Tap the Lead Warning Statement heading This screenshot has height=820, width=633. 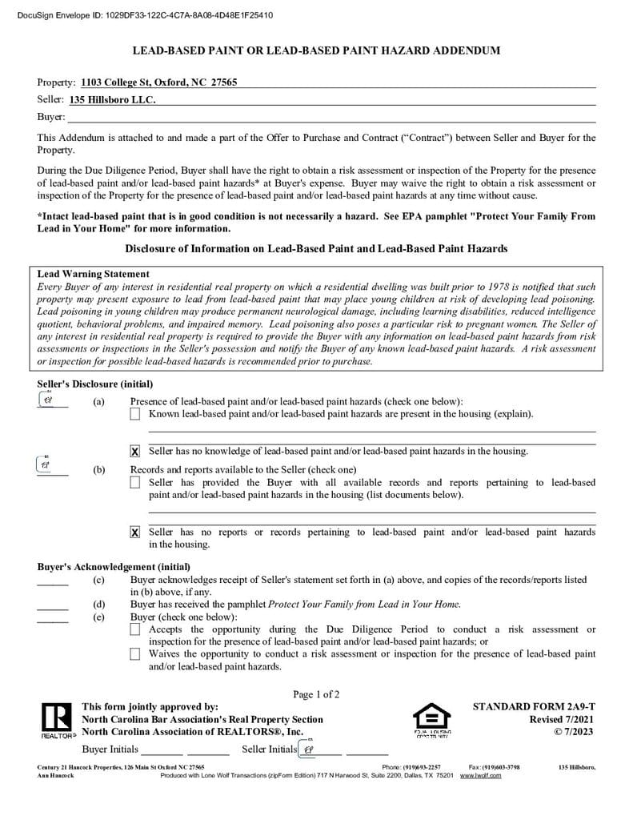pyautogui.click(x=93, y=274)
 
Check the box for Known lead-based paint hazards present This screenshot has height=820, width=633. pyautogui.click(x=134, y=414)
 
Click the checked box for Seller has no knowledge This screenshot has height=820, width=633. pyautogui.click(x=134, y=452)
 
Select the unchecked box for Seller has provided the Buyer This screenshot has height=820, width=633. pyautogui.click(x=134, y=483)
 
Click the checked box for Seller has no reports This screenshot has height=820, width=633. pyautogui.click(x=134, y=533)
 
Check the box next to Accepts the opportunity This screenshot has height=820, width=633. pyautogui.click(x=134, y=630)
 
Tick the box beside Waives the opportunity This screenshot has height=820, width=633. pyautogui.click(x=134, y=654)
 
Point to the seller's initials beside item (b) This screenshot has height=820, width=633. pyautogui.click(x=46, y=464)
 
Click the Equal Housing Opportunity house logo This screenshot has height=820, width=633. pyautogui.click(x=431, y=718)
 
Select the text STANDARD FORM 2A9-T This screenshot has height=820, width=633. pyautogui.click(x=534, y=707)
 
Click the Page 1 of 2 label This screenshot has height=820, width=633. pyautogui.click(x=316, y=694)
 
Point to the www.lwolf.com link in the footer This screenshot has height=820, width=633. pyautogui.click(x=480, y=776)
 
